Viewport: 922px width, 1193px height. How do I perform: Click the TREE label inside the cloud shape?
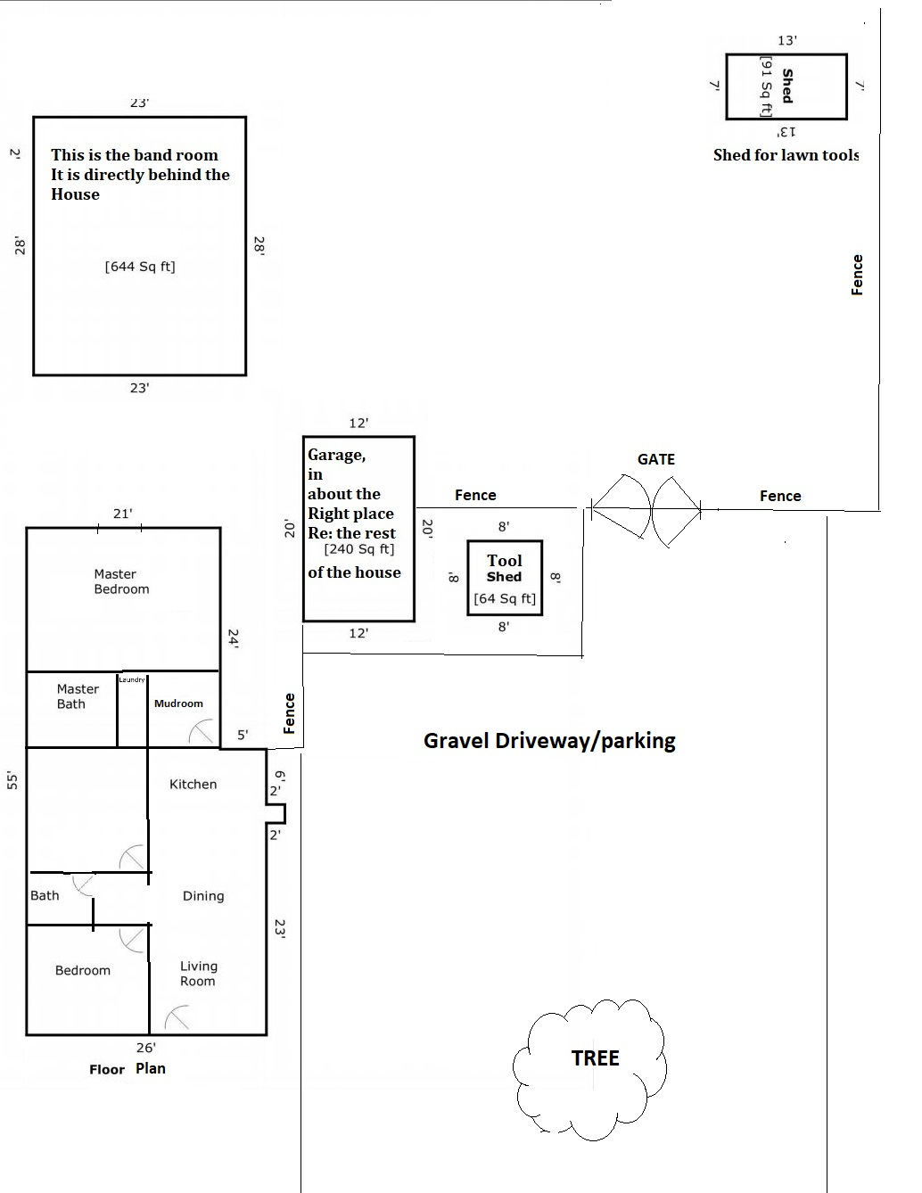pyautogui.click(x=596, y=1058)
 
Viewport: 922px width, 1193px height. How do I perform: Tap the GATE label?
pyautogui.click(x=655, y=459)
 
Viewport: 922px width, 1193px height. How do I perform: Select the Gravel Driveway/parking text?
pyautogui.click(x=549, y=741)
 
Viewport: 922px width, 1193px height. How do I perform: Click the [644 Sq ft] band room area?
pyautogui.click(x=140, y=267)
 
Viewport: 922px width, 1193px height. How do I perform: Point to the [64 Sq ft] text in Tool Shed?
pyautogui.click(x=505, y=598)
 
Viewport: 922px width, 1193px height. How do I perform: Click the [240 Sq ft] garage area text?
pyautogui.click(x=359, y=549)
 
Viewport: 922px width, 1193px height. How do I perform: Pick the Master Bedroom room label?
pyautogui.click(x=121, y=581)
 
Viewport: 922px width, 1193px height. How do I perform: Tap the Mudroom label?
pyautogui.click(x=178, y=703)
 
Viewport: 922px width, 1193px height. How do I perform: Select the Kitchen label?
pyautogui.click(x=193, y=784)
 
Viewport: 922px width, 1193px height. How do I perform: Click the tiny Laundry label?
pyautogui.click(x=132, y=679)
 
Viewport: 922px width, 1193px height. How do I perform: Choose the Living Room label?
pyautogui.click(x=198, y=974)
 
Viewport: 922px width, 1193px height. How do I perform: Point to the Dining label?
pyautogui.click(x=203, y=896)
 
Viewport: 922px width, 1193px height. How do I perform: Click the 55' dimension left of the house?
pyautogui.click(x=12, y=781)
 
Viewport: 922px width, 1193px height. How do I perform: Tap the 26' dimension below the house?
pyautogui.click(x=146, y=1048)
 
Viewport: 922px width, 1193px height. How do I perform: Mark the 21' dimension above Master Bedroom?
pyautogui.click(x=122, y=514)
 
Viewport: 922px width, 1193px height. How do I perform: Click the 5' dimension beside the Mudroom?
pyautogui.click(x=243, y=735)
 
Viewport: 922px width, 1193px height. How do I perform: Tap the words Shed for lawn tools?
pyautogui.click(x=786, y=155)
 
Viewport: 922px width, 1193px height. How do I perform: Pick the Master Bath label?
pyautogui.click(x=78, y=696)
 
